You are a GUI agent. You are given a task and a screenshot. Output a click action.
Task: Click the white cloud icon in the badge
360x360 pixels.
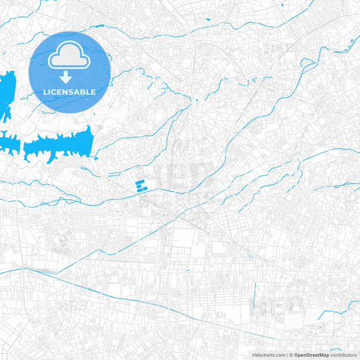[x=70, y=57]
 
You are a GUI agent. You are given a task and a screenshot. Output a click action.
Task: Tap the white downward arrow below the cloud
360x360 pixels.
[x=70, y=76]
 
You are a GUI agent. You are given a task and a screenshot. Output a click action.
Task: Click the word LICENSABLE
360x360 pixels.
[x=70, y=91]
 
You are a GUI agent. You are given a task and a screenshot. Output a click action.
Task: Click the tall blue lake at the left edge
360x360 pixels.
[x=7, y=95]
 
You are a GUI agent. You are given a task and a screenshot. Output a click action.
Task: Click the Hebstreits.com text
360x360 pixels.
[x=268, y=355]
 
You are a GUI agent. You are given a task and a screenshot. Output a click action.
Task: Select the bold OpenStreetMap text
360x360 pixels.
[x=311, y=355]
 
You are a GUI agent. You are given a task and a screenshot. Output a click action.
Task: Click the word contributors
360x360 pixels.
[x=343, y=355]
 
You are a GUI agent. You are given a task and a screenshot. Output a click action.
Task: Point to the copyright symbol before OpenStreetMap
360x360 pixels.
[x=290, y=355]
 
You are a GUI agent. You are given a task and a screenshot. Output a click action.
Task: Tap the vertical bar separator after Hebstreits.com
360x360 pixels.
[x=286, y=355]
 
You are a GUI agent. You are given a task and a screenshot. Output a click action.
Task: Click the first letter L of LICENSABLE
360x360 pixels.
[x=45, y=91]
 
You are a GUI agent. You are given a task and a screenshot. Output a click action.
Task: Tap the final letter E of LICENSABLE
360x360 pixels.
[x=94, y=91]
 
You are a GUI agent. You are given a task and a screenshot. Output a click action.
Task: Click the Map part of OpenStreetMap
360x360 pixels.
[x=323, y=355]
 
